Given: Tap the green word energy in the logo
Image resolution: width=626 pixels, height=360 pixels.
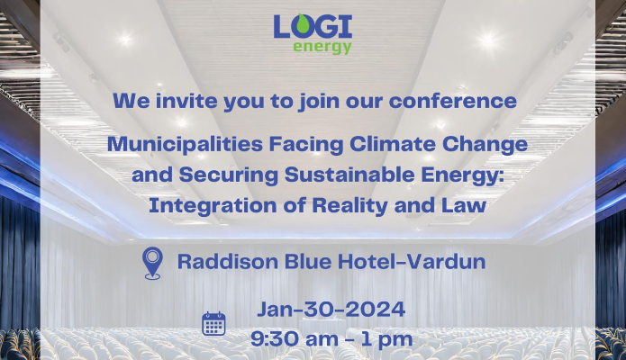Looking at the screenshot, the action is [x=322, y=47].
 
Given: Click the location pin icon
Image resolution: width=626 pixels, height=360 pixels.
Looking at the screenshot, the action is [x=152, y=263].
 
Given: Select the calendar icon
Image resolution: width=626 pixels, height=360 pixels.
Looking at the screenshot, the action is [x=213, y=324].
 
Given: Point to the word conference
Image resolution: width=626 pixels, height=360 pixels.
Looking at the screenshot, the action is [x=453, y=101].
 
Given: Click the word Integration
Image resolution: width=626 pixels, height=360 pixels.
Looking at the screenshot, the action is [x=213, y=206].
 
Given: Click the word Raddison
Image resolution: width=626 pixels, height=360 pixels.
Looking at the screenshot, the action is [x=228, y=262].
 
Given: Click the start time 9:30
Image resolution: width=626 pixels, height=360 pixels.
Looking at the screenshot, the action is [x=275, y=338].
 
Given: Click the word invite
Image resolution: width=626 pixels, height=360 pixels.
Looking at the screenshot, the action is [x=186, y=101].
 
